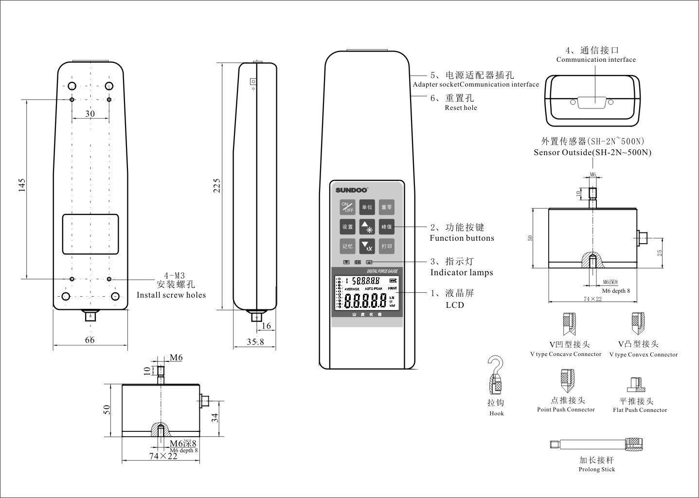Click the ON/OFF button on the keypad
coord(347,207)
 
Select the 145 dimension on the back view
coord(22,185)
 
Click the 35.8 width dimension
coord(255,341)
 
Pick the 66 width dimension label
coord(90,340)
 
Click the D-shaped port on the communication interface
coord(592,103)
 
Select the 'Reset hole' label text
coord(461,108)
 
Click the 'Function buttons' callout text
coord(462,238)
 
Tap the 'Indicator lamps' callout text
coord(462,272)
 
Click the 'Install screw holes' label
coord(171,295)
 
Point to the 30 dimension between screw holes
coord(90,114)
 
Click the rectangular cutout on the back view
coord(90,234)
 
